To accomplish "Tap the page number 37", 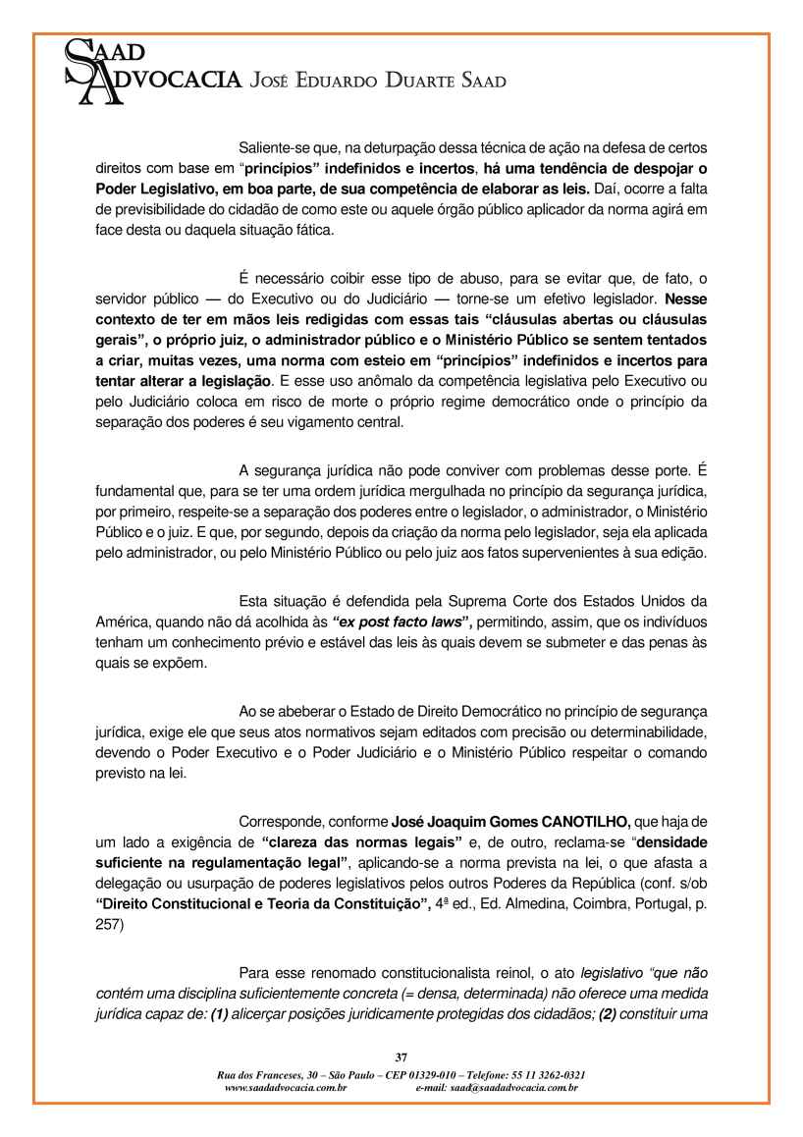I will pos(401,1056).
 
